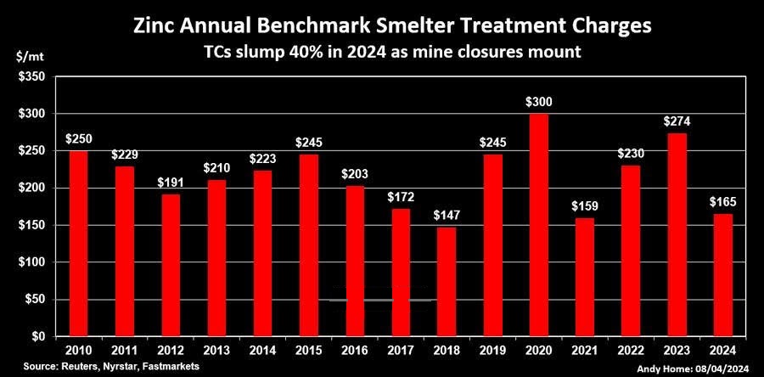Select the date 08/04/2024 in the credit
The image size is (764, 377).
(x=727, y=370)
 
